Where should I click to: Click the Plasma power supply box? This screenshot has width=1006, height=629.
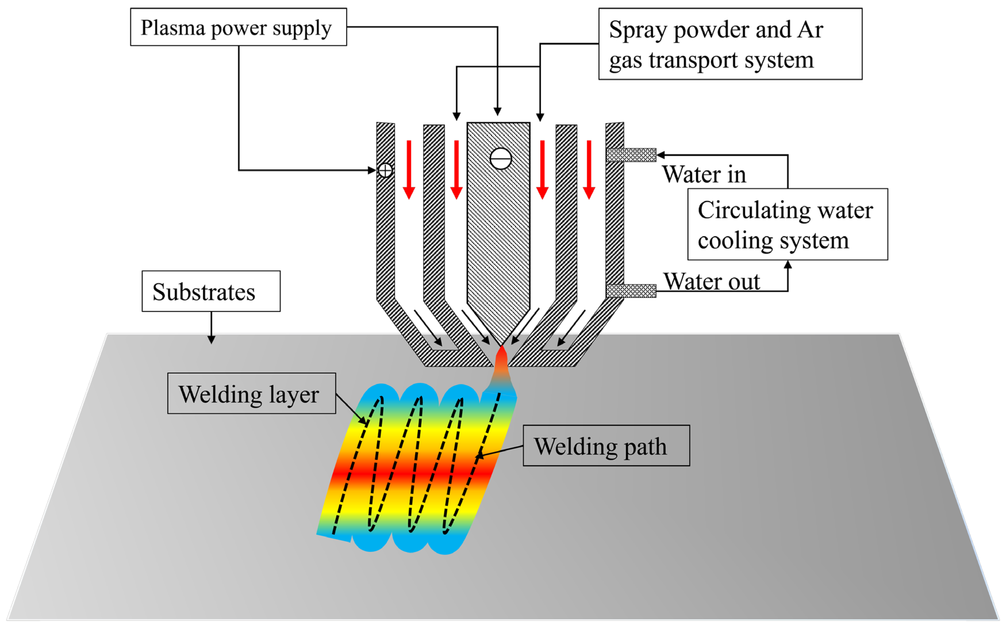click(238, 27)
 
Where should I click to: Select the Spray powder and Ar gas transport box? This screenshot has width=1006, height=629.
click(730, 44)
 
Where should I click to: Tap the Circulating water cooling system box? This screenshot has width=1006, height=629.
click(787, 224)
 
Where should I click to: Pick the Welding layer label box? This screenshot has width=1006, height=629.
click(251, 393)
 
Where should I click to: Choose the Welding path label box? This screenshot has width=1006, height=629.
click(606, 446)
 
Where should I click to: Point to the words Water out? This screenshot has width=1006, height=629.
click(711, 281)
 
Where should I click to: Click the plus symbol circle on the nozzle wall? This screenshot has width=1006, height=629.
click(385, 170)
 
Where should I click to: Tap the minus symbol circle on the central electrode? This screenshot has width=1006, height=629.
click(500, 158)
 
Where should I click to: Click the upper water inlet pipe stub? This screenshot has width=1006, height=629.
click(631, 155)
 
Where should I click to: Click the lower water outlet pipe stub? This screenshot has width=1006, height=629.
click(631, 291)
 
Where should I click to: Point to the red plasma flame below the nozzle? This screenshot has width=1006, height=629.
click(502, 362)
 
